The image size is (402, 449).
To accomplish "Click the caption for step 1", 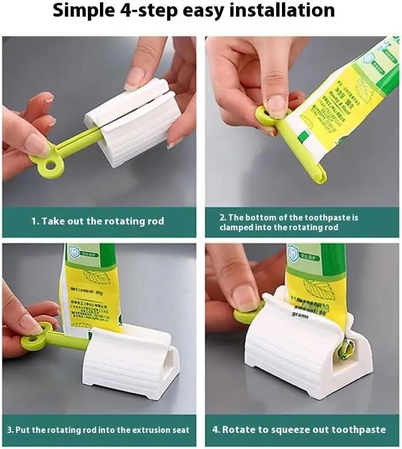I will [x=98, y=221].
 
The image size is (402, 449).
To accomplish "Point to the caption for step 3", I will [x=98, y=429].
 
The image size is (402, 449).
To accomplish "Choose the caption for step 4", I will [x=304, y=429].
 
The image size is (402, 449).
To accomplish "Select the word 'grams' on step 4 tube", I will [x=300, y=314].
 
